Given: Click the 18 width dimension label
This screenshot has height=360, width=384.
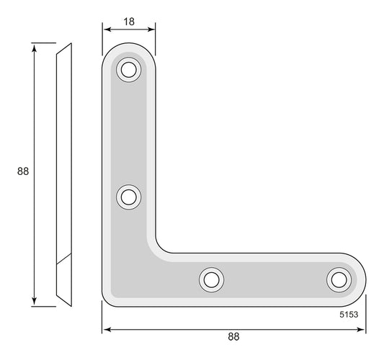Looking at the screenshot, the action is point(129,22).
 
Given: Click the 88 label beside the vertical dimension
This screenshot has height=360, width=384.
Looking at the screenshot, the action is point(23,171).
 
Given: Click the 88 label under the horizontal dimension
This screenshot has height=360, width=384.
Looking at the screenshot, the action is point(233,337).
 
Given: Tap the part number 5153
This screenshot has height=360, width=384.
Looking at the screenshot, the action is point(349,315).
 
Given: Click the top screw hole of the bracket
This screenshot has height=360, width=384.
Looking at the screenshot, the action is point(128,70).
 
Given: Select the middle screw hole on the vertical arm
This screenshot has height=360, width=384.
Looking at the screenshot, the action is point(128,197).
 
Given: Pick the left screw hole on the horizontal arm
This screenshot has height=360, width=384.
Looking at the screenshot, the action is point(211,280).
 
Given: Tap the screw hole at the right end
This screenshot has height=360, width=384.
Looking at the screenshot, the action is point(339,280).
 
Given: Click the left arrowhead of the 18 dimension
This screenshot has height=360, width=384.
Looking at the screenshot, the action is point(107,30).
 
